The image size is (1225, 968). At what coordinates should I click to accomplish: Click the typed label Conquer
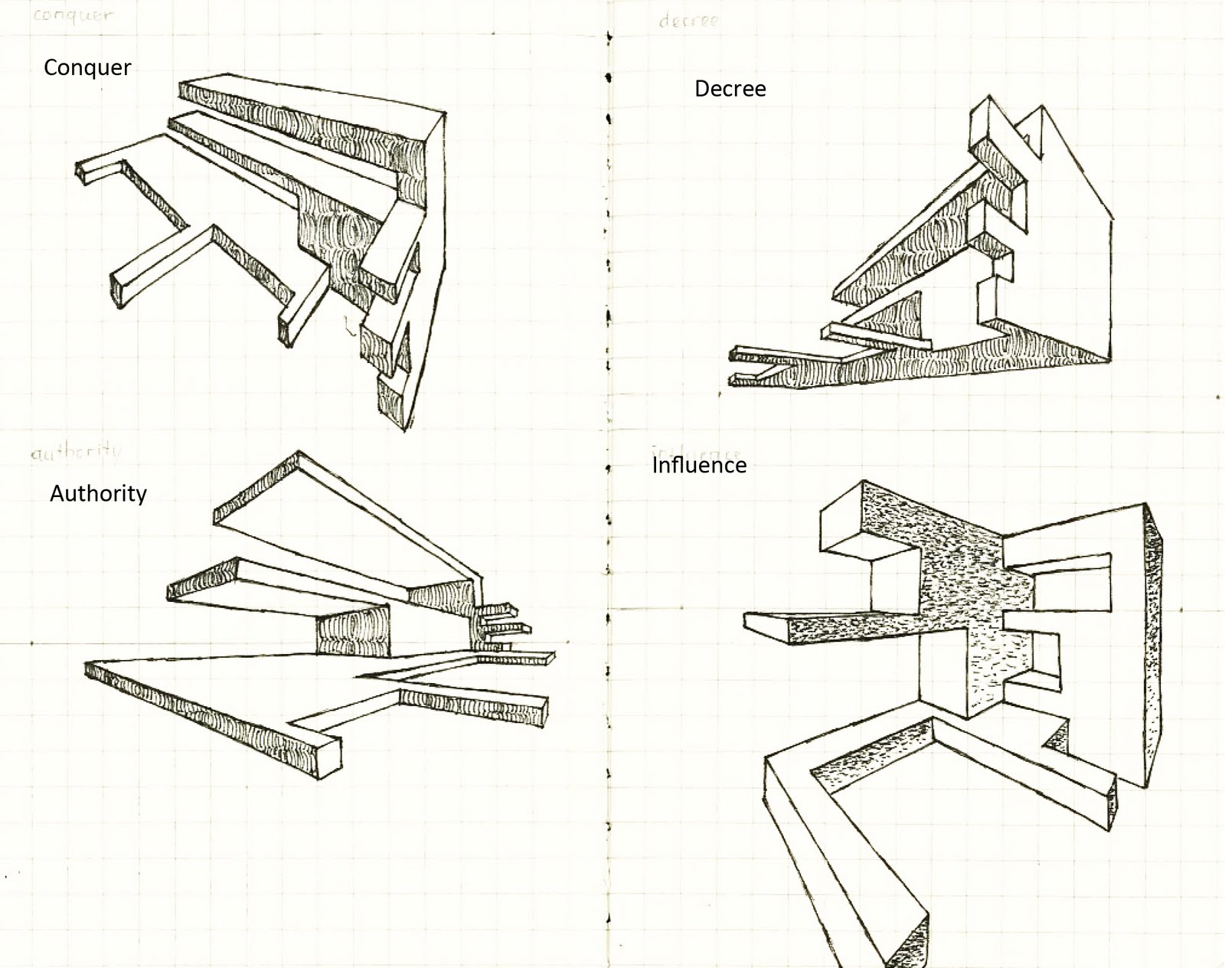(87, 67)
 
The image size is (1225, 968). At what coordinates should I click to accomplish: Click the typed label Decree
(730, 89)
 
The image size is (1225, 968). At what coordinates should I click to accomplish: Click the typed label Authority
(98, 493)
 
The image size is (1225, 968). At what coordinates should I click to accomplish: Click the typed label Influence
(699, 466)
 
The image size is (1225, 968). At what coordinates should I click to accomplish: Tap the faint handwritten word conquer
(72, 15)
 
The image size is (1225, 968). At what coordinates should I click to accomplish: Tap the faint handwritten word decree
(688, 21)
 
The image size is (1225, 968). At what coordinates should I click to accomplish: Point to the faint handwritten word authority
(76, 452)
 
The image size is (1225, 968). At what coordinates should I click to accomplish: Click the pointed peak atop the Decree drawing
(1040, 111)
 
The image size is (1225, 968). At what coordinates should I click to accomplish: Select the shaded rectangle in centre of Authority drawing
(353, 636)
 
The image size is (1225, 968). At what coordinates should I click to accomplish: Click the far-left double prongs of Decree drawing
(743, 366)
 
